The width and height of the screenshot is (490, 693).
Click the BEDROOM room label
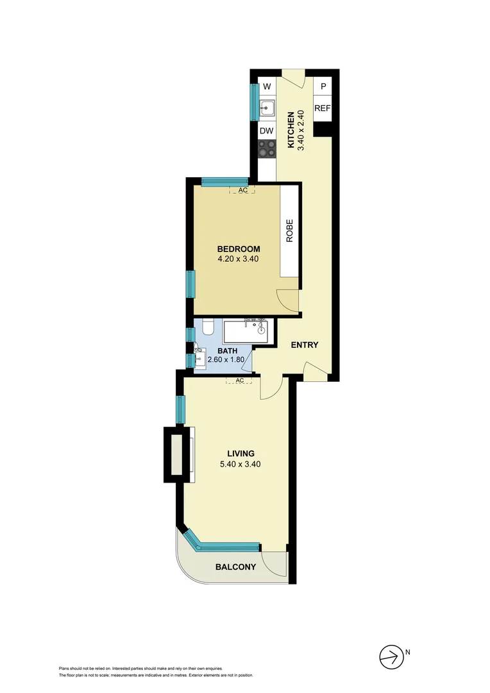click(x=238, y=249)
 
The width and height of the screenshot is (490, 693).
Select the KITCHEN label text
click(x=291, y=130)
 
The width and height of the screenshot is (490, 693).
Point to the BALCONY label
click(x=235, y=567)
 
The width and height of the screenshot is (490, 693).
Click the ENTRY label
click(x=305, y=345)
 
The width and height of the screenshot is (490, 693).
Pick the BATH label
click(x=227, y=350)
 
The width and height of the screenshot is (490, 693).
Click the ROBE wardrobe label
click(x=290, y=231)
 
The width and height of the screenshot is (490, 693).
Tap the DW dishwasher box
click(x=267, y=131)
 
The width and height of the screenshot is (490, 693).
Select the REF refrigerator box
click(x=322, y=108)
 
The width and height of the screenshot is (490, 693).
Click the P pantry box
click(x=323, y=87)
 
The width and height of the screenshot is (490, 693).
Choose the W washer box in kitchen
click(x=267, y=87)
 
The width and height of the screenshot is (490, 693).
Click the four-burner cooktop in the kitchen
click(x=267, y=149)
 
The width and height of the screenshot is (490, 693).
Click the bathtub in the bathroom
click(x=247, y=332)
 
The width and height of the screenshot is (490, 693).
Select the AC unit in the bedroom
click(x=242, y=191)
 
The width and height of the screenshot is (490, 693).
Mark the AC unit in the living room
click(x=240, y=381)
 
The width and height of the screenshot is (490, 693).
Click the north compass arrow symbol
click(x=389, y=655)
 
